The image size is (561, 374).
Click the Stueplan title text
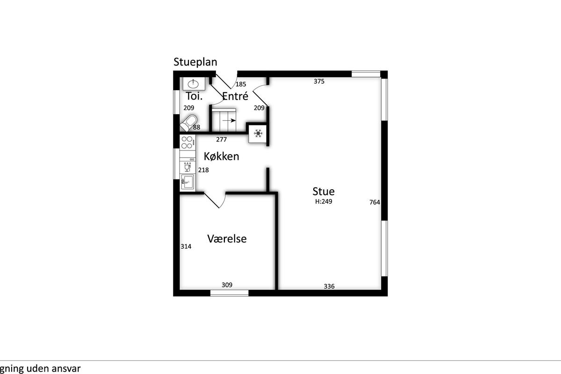click(195, 62)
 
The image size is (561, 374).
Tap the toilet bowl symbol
click(188, 123)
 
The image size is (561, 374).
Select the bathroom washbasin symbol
click(194, 84)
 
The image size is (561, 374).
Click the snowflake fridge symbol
click(258, 134)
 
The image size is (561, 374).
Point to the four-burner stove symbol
click(187, 143)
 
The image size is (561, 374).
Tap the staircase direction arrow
click(229, 121)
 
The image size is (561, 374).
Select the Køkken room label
click(222, 156)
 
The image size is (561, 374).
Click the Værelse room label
click(227, 238)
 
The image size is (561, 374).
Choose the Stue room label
click(324, 191)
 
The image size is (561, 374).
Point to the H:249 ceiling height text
click(324, 201)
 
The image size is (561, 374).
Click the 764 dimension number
click(374, 202)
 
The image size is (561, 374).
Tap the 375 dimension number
click(319, 81)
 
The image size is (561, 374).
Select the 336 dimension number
click(329, 286)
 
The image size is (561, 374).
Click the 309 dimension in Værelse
click(227, 285)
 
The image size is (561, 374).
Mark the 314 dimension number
click(186, 246)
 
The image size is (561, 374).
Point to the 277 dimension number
click(222, 139)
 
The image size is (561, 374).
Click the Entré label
click(235, 96)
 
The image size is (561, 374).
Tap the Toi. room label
click(194, 96)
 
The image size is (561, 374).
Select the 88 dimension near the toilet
click(197, 127)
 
